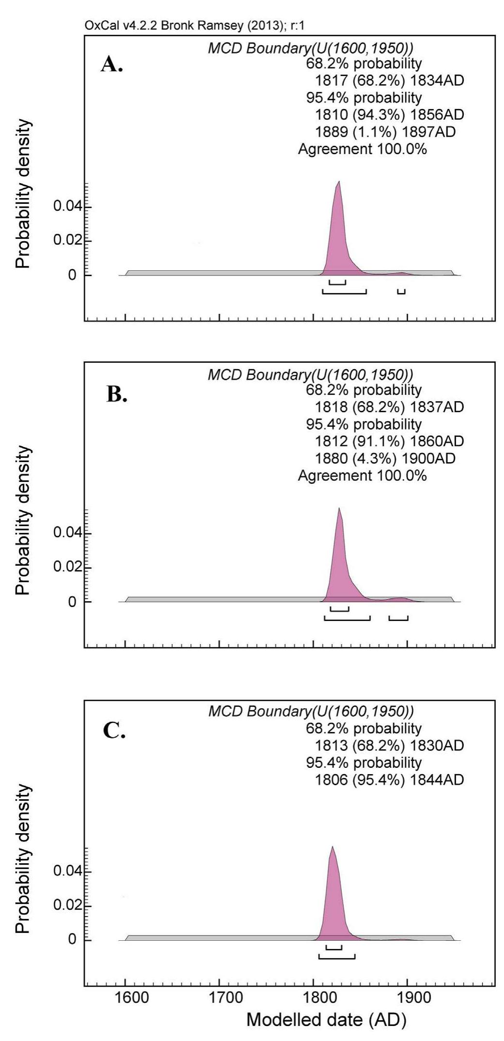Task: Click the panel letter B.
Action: (x=117, y=395)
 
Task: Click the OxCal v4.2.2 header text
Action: (x=194, y=26)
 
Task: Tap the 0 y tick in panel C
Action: (x=72, y=939)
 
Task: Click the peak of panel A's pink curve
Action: (x=339, y=182)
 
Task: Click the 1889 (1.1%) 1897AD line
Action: (x=385, y=132)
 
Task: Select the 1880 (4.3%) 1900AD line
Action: (x=385, y=458)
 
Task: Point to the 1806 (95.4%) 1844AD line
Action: (x=389, y=779)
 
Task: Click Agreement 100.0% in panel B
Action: (x=362, y=475)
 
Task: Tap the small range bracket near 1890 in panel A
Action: (x=401, y=292)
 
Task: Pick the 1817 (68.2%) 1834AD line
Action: (x=389, y=80)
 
